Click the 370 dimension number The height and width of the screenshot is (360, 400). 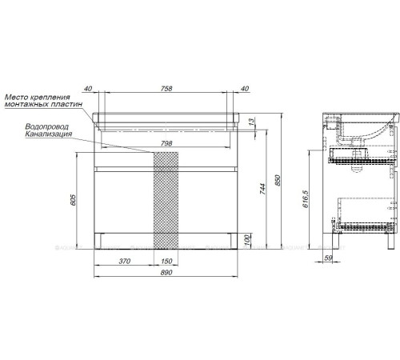point(123,261)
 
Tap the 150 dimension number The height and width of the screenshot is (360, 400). point(165,261)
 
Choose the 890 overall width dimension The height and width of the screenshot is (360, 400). point(165,274)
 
